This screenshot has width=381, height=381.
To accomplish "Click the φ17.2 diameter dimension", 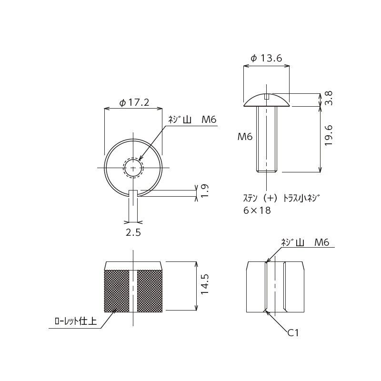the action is tap(134, 102).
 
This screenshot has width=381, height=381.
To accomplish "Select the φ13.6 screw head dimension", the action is tap(266, 58).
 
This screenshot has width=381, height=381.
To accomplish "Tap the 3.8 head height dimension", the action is tap(328, 98).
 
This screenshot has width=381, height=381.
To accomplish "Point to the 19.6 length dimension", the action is tap(328, 135).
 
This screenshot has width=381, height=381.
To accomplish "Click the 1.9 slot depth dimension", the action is tap(205, 191).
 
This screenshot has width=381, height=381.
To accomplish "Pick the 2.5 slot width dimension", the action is tap(133, 232).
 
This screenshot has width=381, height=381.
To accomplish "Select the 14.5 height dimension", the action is tap(205, 284).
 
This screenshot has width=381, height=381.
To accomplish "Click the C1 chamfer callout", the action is tap(293, 332).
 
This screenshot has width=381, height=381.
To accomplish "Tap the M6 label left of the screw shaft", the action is tap(245, 137).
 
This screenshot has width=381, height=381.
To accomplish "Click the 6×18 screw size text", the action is tap(257, 211).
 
